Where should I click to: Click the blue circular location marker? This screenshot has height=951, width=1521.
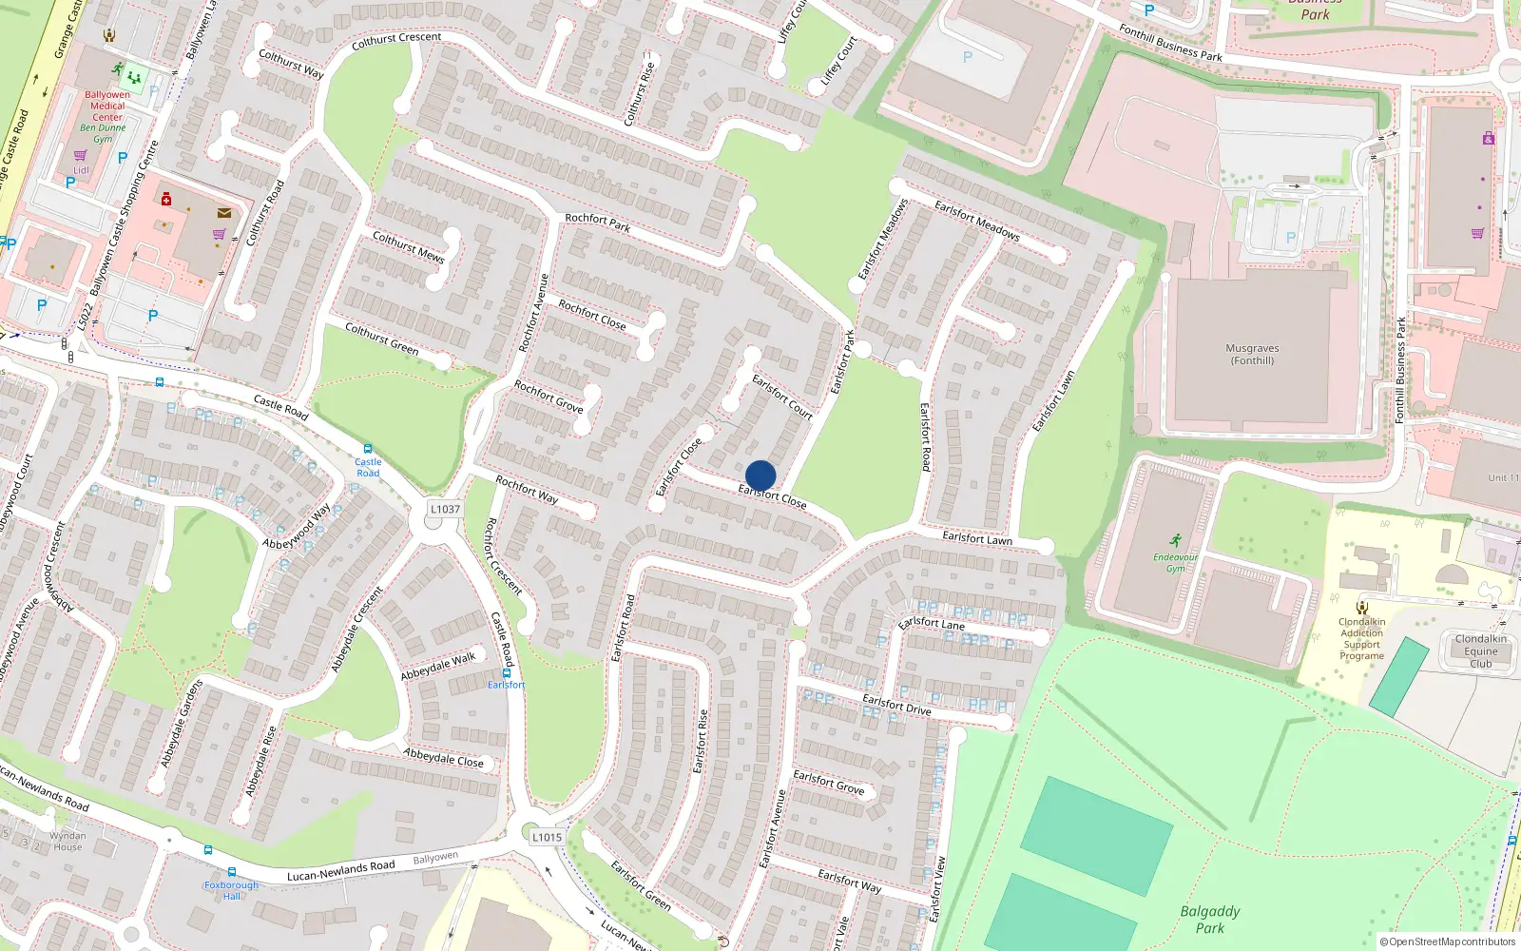pos(760,475)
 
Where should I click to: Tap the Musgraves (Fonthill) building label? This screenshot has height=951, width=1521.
pos(1252,355)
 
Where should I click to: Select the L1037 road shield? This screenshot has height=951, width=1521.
pos(445,509)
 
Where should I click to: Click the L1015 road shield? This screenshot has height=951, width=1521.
pos(547,837)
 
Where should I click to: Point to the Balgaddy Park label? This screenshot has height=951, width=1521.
pos(1210,920)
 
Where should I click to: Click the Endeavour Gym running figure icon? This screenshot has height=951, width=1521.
pos(1176,540)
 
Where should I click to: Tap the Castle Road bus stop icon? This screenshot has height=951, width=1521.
pos(368,449)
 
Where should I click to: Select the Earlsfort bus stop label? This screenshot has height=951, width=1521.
pos(506,685)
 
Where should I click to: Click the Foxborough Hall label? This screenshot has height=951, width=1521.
pos(231,890)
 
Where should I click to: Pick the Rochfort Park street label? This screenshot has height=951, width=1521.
pos(597,223)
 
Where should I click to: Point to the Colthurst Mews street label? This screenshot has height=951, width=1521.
pos(408,246)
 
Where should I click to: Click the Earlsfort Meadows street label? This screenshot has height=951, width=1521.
pos(976,220)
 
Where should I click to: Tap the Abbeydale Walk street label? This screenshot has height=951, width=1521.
pos(437,666)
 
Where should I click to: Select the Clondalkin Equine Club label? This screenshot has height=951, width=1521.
pos(1480,651)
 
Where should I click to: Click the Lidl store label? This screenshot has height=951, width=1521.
pos(81,170)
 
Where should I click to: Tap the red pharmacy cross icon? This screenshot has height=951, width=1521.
pos(166,199)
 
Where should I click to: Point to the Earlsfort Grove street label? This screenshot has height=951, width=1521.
pos(829,782)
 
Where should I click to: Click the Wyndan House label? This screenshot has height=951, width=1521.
pos(67,842)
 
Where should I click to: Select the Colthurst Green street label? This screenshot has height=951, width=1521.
pos(381,338)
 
